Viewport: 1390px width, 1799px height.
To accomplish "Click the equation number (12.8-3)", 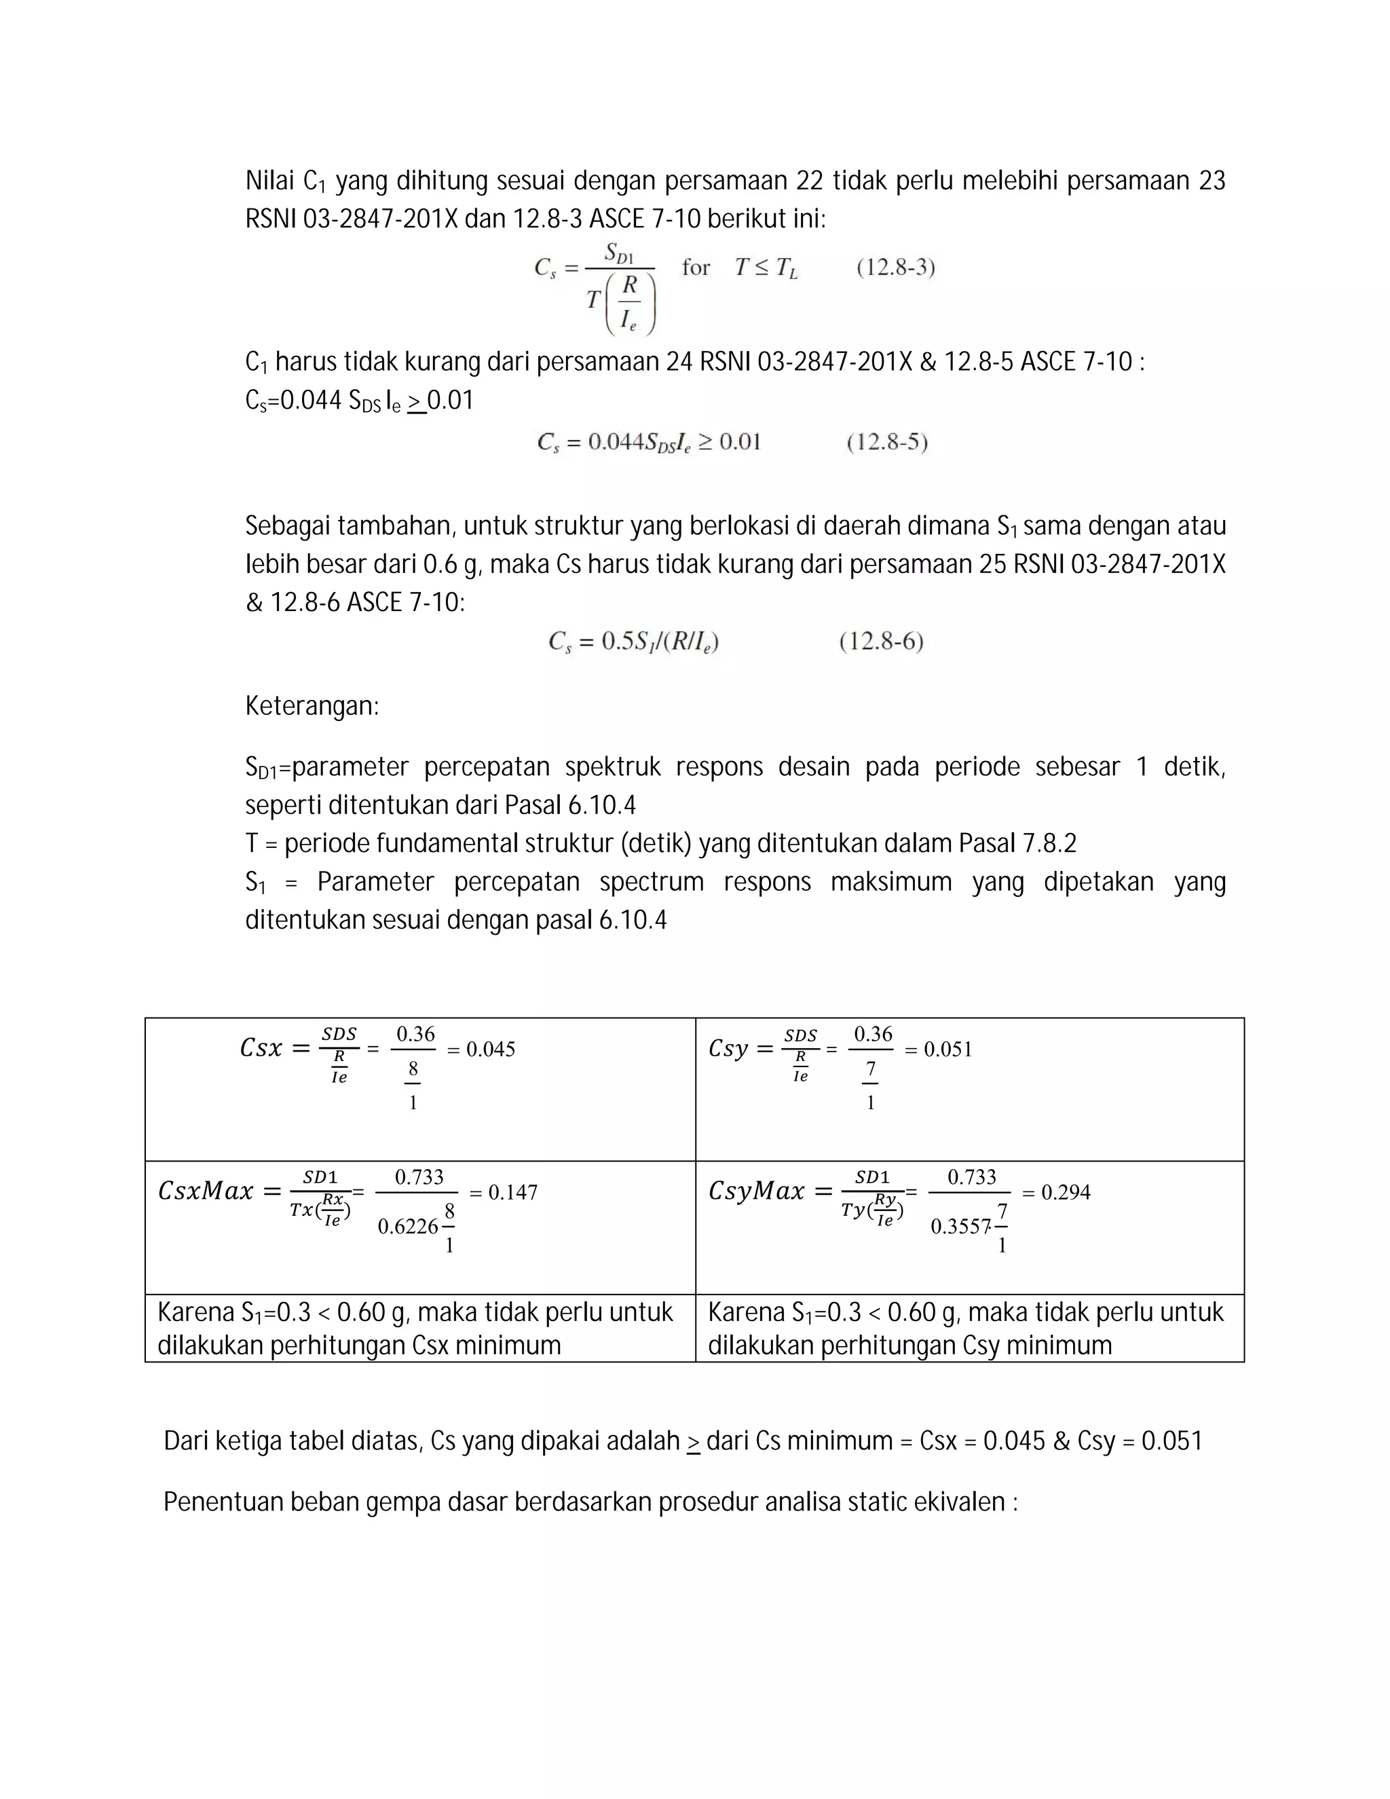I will point(895,267).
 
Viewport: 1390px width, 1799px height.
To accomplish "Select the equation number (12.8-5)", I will point(887,443).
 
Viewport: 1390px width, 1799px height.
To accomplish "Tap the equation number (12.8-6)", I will point(881,642).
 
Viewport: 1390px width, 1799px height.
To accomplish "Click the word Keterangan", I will point(312,706).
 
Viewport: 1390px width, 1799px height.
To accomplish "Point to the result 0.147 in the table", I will point(512,1192).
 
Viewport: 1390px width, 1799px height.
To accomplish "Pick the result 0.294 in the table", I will point(1066,1192).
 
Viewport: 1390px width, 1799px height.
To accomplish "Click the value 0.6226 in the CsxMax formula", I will point(408,1227).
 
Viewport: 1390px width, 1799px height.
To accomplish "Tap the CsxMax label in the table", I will point(205,1191).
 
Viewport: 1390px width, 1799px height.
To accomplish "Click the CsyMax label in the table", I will point(756,1191).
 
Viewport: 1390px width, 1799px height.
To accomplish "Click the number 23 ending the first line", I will point(1211,181).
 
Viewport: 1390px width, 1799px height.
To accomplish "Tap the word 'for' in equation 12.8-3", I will point(696,267).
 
